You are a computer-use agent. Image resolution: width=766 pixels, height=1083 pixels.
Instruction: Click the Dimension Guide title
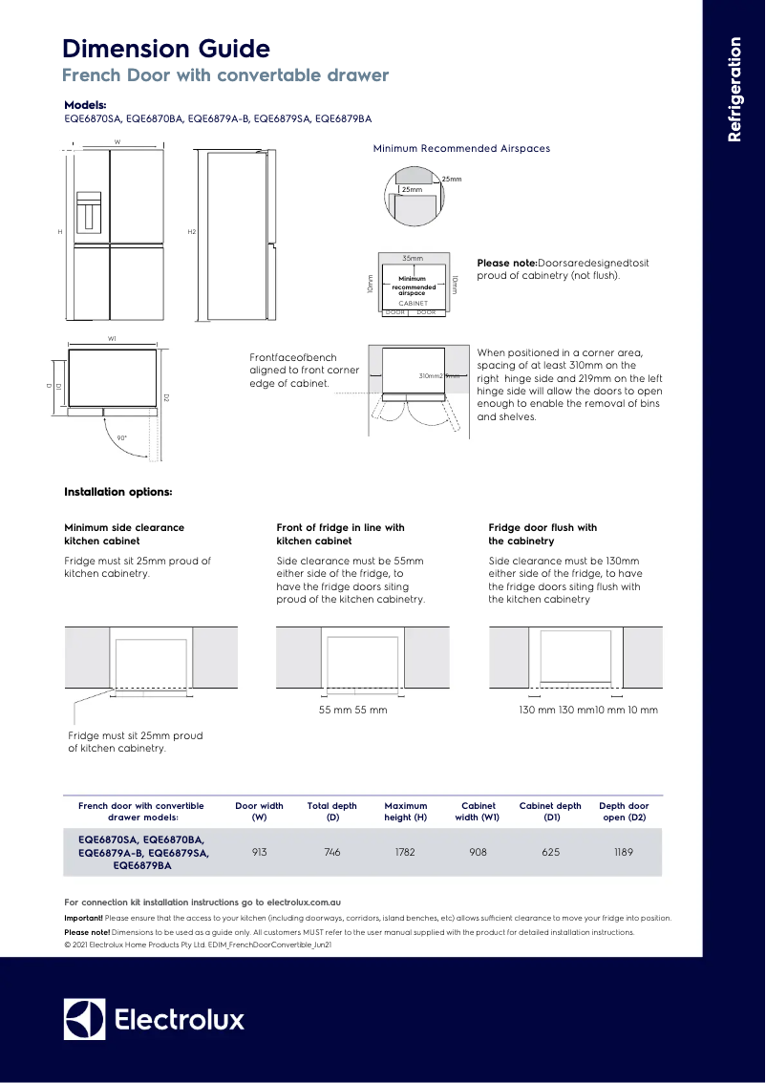[x=166, y=49]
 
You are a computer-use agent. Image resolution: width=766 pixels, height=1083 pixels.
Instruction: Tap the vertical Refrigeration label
[x=734, y=89]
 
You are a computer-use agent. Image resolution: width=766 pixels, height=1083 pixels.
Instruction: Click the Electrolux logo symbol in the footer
[x=84, y=1019]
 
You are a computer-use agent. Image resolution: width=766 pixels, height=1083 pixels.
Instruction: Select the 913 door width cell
[x=259, y=852]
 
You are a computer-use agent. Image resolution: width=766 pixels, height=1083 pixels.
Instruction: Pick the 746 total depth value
[x=331, y=852]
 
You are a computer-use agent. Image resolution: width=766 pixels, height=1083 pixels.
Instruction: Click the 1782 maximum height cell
[x=405, y=852]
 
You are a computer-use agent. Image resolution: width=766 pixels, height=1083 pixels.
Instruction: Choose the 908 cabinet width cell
[x=478, y=852]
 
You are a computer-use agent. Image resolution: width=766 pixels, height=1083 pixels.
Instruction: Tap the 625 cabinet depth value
[x=550, y=852]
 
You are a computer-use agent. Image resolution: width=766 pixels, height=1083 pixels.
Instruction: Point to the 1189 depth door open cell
[x=623, y=852]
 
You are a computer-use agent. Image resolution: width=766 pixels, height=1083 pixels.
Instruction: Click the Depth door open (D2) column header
[x=623, y=811]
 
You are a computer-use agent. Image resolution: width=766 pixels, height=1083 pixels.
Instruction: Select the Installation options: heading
[x=117, y=492]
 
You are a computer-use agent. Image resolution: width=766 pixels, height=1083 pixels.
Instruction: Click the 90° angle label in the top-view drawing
[x=121, y=437]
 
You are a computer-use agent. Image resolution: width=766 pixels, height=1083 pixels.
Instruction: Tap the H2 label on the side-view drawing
[x=191, y=232]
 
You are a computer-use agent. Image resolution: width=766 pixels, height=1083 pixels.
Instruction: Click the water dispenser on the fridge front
[x=89, y=211]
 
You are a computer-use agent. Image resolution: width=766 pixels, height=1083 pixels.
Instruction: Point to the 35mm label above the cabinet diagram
[x=413, y=259]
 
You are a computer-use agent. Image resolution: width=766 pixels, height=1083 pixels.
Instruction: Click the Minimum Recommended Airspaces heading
[x=461, y=148]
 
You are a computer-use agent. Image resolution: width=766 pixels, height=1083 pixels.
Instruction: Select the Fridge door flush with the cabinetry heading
[x=543, y=534]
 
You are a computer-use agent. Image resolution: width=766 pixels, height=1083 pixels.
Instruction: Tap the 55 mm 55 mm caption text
[x=352, y=710]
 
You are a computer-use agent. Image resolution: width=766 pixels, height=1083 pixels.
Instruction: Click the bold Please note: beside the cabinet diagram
[x=506, y=263]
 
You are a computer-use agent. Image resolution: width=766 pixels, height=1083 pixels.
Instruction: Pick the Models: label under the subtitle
[x=85, y=105]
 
